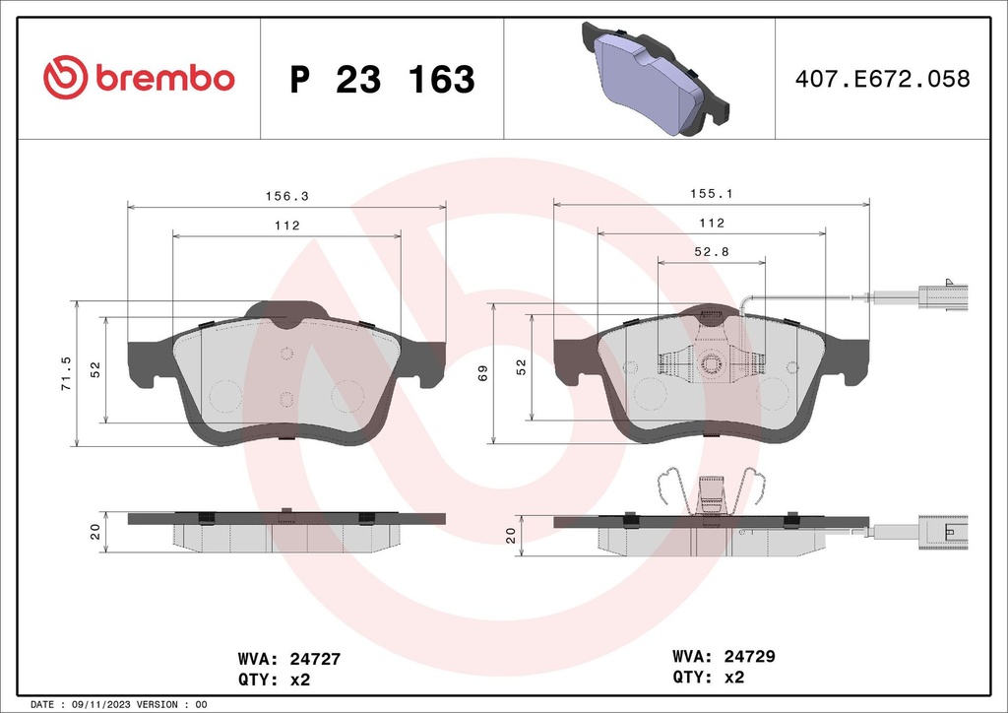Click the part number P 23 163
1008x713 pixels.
(x=382, y=79)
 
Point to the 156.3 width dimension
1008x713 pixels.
(x=287, y=196)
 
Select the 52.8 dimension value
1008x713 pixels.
(x=711, y=251)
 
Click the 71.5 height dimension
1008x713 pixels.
(x=66, y=373)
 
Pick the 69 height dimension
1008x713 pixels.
(x=483, y=373)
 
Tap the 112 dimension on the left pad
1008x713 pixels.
(x=287, y=225)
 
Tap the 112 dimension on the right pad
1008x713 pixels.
(x=711, y=224)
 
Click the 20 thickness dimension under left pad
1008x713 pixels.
(x=95, y=532)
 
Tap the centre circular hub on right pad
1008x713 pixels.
(x=712, y=364)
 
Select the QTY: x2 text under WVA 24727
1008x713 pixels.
(x=273, y=680)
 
